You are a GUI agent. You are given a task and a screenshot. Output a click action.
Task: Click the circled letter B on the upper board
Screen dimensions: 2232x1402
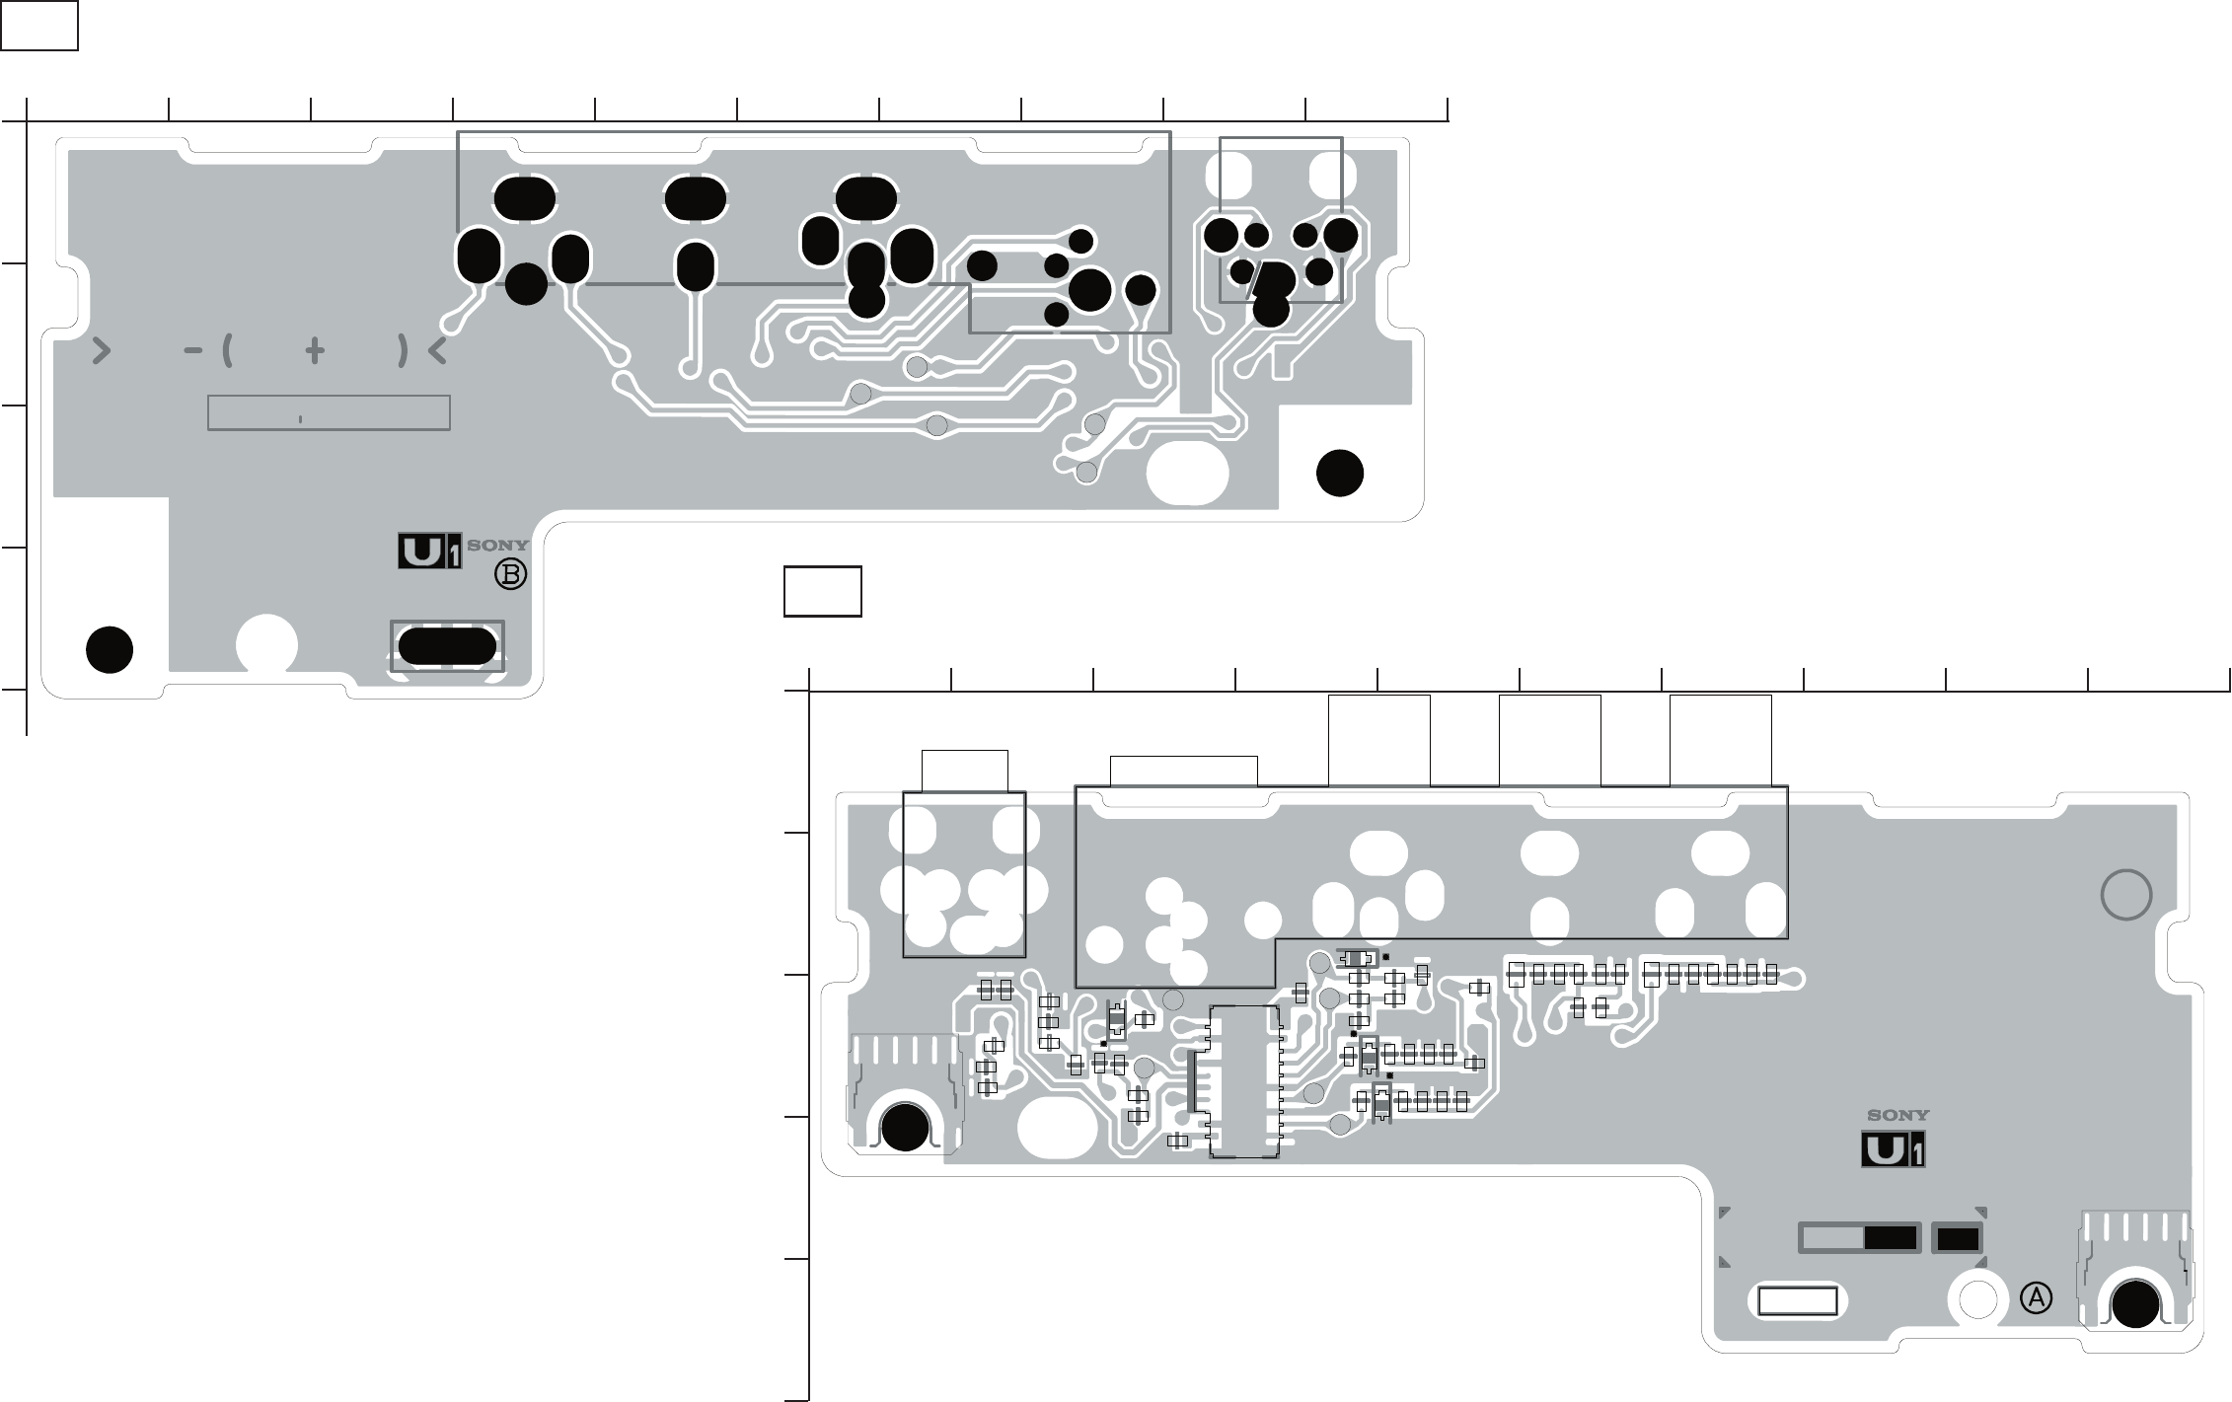pyautogui.click(x=511, y=575)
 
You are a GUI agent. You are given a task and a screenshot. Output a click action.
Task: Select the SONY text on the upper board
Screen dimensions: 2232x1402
pyautogui.click(x=497, y=545)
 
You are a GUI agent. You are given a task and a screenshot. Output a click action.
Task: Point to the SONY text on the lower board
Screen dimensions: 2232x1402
pyautogui.click(x=1898, y=1116)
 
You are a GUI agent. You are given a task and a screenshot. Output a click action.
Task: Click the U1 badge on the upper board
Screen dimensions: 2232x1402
pyautogui.click(x=429, y=552)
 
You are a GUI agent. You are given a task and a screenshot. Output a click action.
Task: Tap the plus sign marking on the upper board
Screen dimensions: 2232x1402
pyautogui.click(x=315, y=350)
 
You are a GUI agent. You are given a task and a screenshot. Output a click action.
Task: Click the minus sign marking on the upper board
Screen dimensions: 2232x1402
pyautogui.click(x=193, y=350)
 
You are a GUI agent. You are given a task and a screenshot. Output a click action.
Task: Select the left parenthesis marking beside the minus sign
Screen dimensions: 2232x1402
pyautogui.click(x=228, y=350)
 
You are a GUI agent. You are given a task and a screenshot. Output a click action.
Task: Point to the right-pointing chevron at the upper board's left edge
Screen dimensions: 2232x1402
pyautogui.click(x=101, y=350)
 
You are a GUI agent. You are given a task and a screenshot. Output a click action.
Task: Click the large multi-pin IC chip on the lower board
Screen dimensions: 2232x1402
pyautogui.click(x=1243, y=1081)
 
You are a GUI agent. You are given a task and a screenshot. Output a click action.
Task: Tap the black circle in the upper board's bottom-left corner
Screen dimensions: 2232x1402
pyautogui.click(x=110, y=649)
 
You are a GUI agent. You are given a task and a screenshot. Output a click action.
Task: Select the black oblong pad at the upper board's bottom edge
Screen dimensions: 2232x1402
pyautogui.click(x=447, y=647)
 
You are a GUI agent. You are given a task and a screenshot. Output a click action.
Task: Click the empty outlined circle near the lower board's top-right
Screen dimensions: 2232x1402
pyautogui.click(x=2126, y=896)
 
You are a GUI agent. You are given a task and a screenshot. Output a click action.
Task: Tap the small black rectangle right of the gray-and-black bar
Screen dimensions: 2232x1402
pyautogui.click(x=1958, y=1238)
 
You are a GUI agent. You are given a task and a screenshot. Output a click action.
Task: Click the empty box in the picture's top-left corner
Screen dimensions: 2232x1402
pyautogui.click(x=39, y=26)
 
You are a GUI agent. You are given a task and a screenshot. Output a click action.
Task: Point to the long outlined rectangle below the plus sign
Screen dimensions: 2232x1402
pyautogui.click(x=329, y=413)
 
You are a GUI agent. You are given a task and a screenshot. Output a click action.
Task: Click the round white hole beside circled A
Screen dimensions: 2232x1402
pyautogui.click(x=1977, y=1299)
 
